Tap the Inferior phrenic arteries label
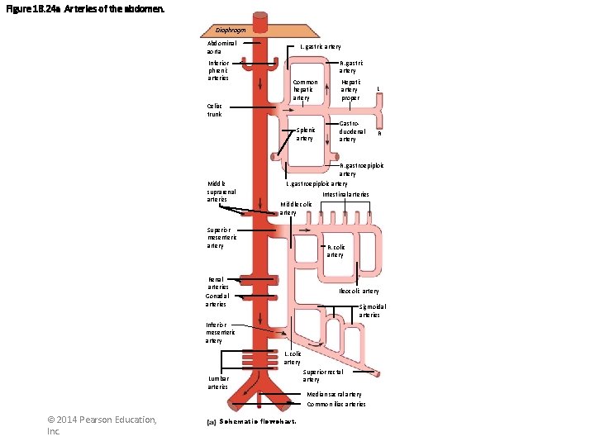click(x=219, y=70)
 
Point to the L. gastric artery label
click(x=320, y=47)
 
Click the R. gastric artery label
click(x=351, y=66)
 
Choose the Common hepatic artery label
click(x=305, y=90)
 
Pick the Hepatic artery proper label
click(x=350, y=90)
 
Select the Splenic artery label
click(x=305, y=134)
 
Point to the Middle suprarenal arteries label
click(x=221, y=192)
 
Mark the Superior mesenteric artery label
click(x=221, y=238)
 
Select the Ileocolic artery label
click(x=359, y=291)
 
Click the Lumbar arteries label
click(x=218, y=382)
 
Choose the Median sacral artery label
click(x=334, y=395)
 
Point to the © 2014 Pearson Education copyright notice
click(x=102, y=425)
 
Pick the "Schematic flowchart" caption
click(x=253, y=422)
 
